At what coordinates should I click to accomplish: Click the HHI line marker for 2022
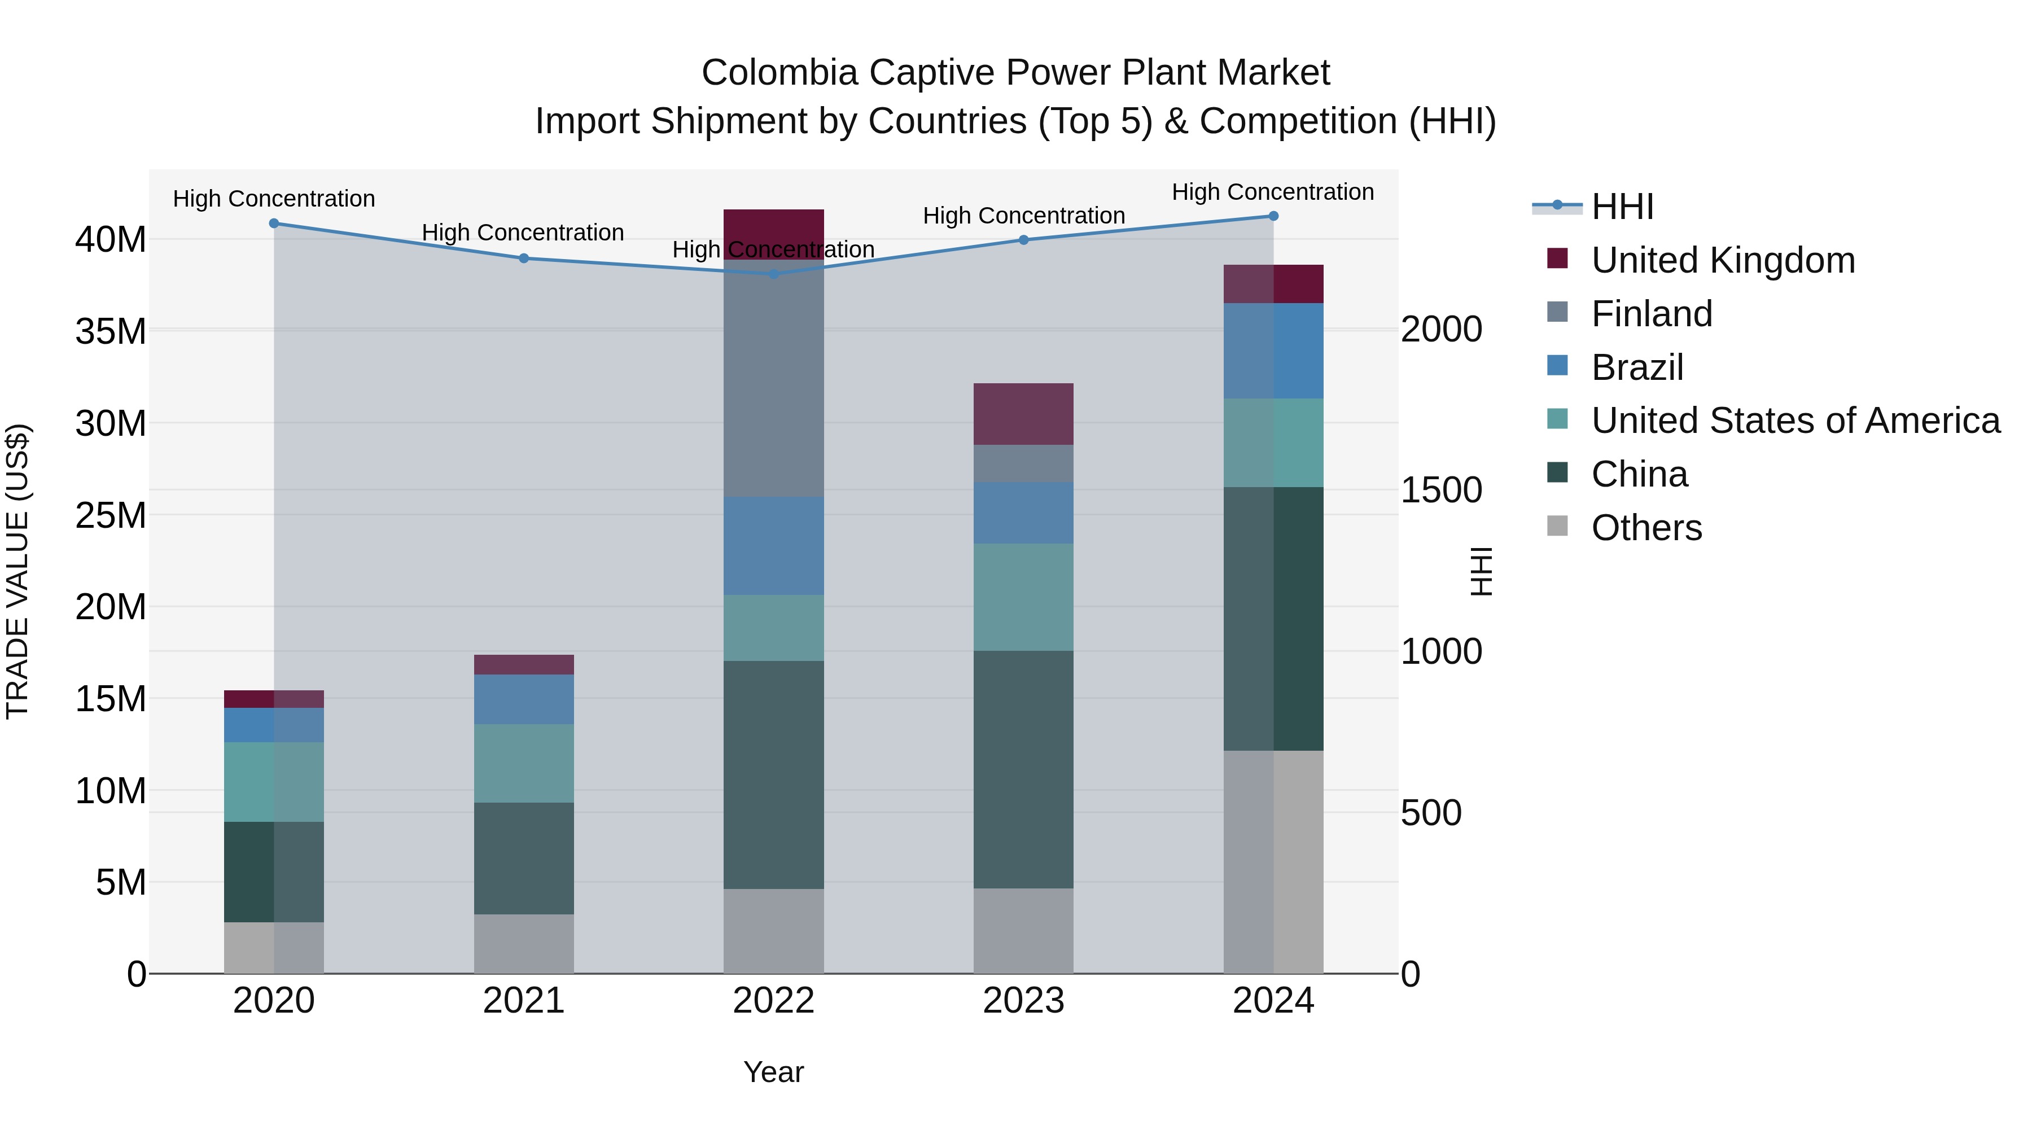click(x=773, y=274)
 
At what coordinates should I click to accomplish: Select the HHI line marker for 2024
click(x=1273, y=216)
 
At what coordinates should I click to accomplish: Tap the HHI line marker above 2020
click(x=274, y=223)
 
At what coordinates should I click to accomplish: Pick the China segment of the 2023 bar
click(x=1023, y=769)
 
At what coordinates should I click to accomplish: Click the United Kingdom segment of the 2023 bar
click(x=1023, y=414)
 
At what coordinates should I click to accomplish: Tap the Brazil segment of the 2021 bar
click(x=524, y=699)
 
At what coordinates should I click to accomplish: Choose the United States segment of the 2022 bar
click(x=773, y=628)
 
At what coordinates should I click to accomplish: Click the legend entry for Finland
click(x=1652, y=314)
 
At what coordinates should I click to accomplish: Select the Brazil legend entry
click(x=1637, y=367)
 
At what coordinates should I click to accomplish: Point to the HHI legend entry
click(x=1622, y=207)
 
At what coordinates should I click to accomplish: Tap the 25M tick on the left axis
click(x=111, y=516)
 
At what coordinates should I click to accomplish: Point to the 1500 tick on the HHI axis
click(x=1441, y=491)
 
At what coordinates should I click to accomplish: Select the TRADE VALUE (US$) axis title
click(x=17, y=571)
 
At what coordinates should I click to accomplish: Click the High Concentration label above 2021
click(x=523, y=233)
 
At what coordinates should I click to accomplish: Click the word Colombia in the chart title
click(x=779, y=73)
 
